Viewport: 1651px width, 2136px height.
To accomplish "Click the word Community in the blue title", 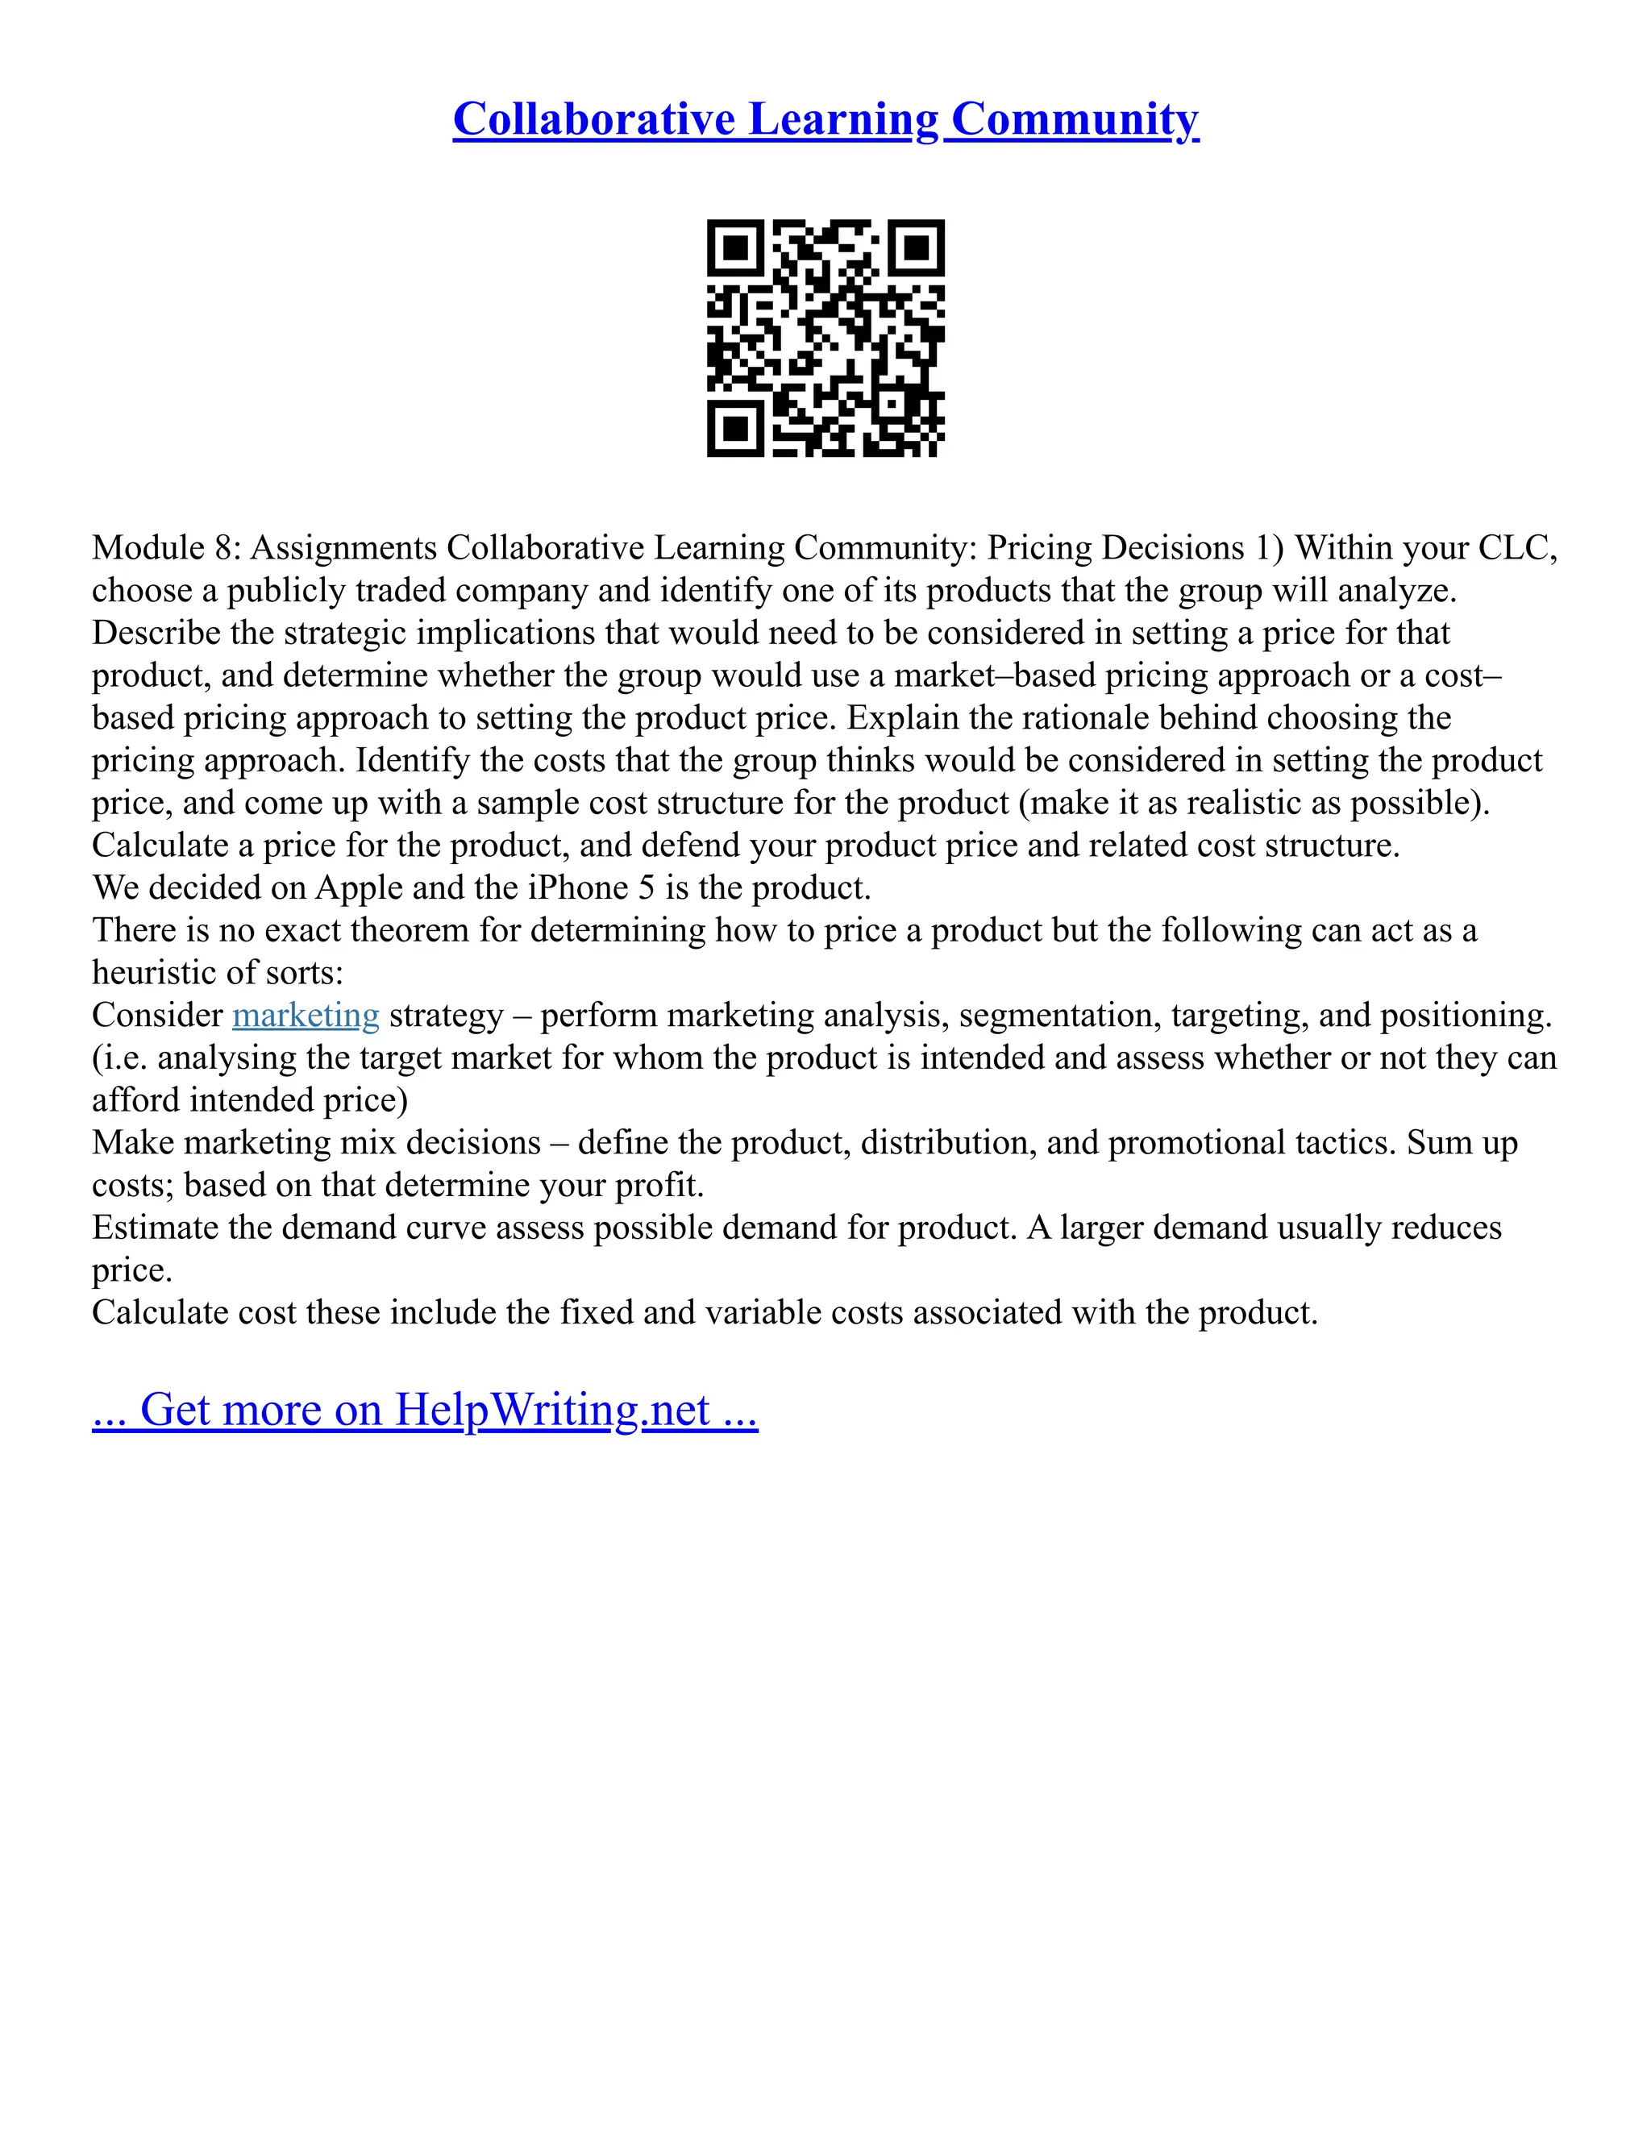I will tap(1074, 119).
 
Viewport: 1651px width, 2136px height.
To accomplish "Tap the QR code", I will tap(825, 338).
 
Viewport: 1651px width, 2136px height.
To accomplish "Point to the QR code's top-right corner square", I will tap(916, 248).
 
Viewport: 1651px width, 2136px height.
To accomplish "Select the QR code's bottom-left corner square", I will tap(735, 427).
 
